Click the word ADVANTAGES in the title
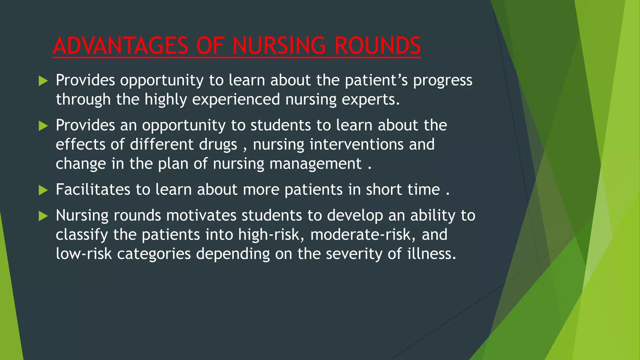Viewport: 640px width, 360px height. click(x=121, y=46)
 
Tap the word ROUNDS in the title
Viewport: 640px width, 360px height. click(x=377, y=46)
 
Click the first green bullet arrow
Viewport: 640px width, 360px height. click(x=43, y=81)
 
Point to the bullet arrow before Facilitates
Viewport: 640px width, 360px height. click(x=43, y=190)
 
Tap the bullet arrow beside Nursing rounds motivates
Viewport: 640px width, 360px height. click(x=43, y=216)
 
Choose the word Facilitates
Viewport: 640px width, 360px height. click(x=93, y=190)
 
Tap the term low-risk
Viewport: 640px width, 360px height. click(x=83, y=254)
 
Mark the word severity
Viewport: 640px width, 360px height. click(x=354, y=254)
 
